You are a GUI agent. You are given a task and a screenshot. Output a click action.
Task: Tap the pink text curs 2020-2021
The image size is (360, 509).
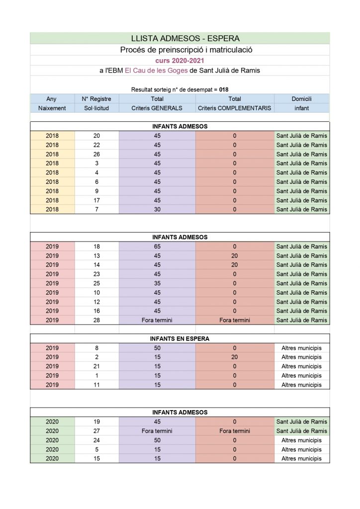180,60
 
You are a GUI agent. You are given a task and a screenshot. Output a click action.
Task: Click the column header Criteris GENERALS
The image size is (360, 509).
157,108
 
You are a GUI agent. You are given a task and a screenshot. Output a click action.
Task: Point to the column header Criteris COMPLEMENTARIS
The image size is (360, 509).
234,108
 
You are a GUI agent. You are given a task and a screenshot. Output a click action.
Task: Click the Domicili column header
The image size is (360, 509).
301,99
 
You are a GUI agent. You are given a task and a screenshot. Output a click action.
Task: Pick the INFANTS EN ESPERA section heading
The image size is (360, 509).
180,339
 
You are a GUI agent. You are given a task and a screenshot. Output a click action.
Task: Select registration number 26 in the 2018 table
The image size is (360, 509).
96,154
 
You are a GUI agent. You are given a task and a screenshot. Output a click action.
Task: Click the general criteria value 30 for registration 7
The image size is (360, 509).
157,209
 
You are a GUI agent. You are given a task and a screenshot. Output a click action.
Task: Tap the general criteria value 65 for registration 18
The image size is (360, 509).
157,246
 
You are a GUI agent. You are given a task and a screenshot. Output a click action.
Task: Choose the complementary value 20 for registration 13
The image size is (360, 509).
234,255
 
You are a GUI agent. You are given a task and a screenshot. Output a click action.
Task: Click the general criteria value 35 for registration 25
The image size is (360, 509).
157,283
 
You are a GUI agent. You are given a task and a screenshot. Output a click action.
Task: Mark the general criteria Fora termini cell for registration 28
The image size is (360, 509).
157,320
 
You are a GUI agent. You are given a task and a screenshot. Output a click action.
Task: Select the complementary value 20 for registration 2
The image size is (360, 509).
234,357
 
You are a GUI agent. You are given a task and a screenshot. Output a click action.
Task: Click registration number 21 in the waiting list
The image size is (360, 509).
96,366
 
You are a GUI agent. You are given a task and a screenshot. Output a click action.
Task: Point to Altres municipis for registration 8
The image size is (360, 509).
301,348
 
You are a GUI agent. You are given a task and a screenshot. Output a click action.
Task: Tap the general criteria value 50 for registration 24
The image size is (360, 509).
157,440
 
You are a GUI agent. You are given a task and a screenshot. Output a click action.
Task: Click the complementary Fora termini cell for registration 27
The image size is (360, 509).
234,431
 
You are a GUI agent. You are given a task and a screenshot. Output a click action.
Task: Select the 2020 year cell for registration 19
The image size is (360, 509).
52,422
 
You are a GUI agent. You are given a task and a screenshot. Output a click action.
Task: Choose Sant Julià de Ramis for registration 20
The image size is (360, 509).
301,136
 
